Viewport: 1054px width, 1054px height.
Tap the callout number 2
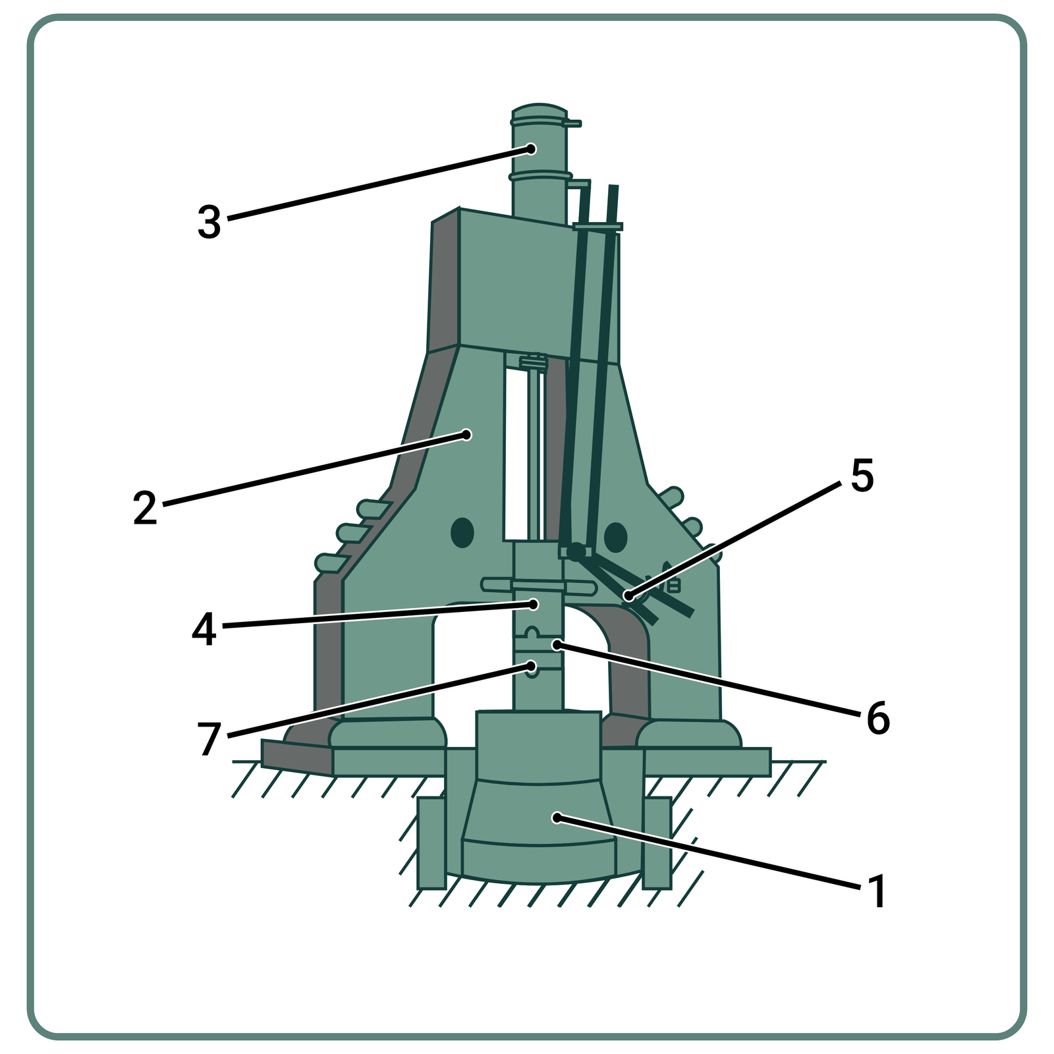click(145, 508)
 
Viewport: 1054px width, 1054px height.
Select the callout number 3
click(209, 222)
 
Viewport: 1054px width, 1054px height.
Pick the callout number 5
click(862, 475)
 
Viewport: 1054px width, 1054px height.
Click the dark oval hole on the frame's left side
click(462, 532)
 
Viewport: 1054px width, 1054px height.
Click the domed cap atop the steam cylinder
click(539, 111)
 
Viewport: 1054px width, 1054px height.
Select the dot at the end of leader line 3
click(531, 149)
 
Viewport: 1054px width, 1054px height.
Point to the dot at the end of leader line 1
click(557, 818)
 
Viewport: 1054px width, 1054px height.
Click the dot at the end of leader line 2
click(466, 435)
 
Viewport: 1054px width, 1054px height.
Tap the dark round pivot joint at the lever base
click(576, 551)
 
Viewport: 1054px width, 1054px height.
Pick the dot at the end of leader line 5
click(628, 597)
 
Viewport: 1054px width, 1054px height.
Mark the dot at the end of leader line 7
click(531, 667)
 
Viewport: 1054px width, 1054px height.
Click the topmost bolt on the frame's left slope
click(374, 509)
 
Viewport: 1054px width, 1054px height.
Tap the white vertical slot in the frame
click(514, 455)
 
